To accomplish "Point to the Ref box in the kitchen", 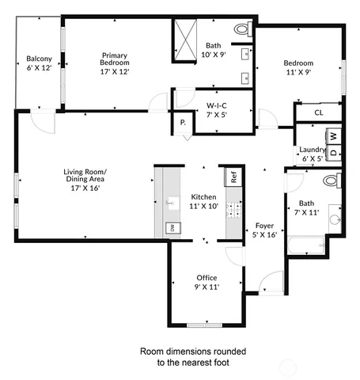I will (x=234, y=177).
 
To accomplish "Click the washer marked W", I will (x=333, y=136).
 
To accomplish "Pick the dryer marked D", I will (x=333, y=150).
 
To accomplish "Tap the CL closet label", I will (x=318, y=113).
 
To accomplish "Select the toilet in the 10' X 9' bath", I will (x=241, y=29).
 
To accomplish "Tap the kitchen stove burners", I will (x=233, y=210).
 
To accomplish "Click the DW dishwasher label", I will (x=170, y=228).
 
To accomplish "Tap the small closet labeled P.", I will (x=183, y=122).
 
